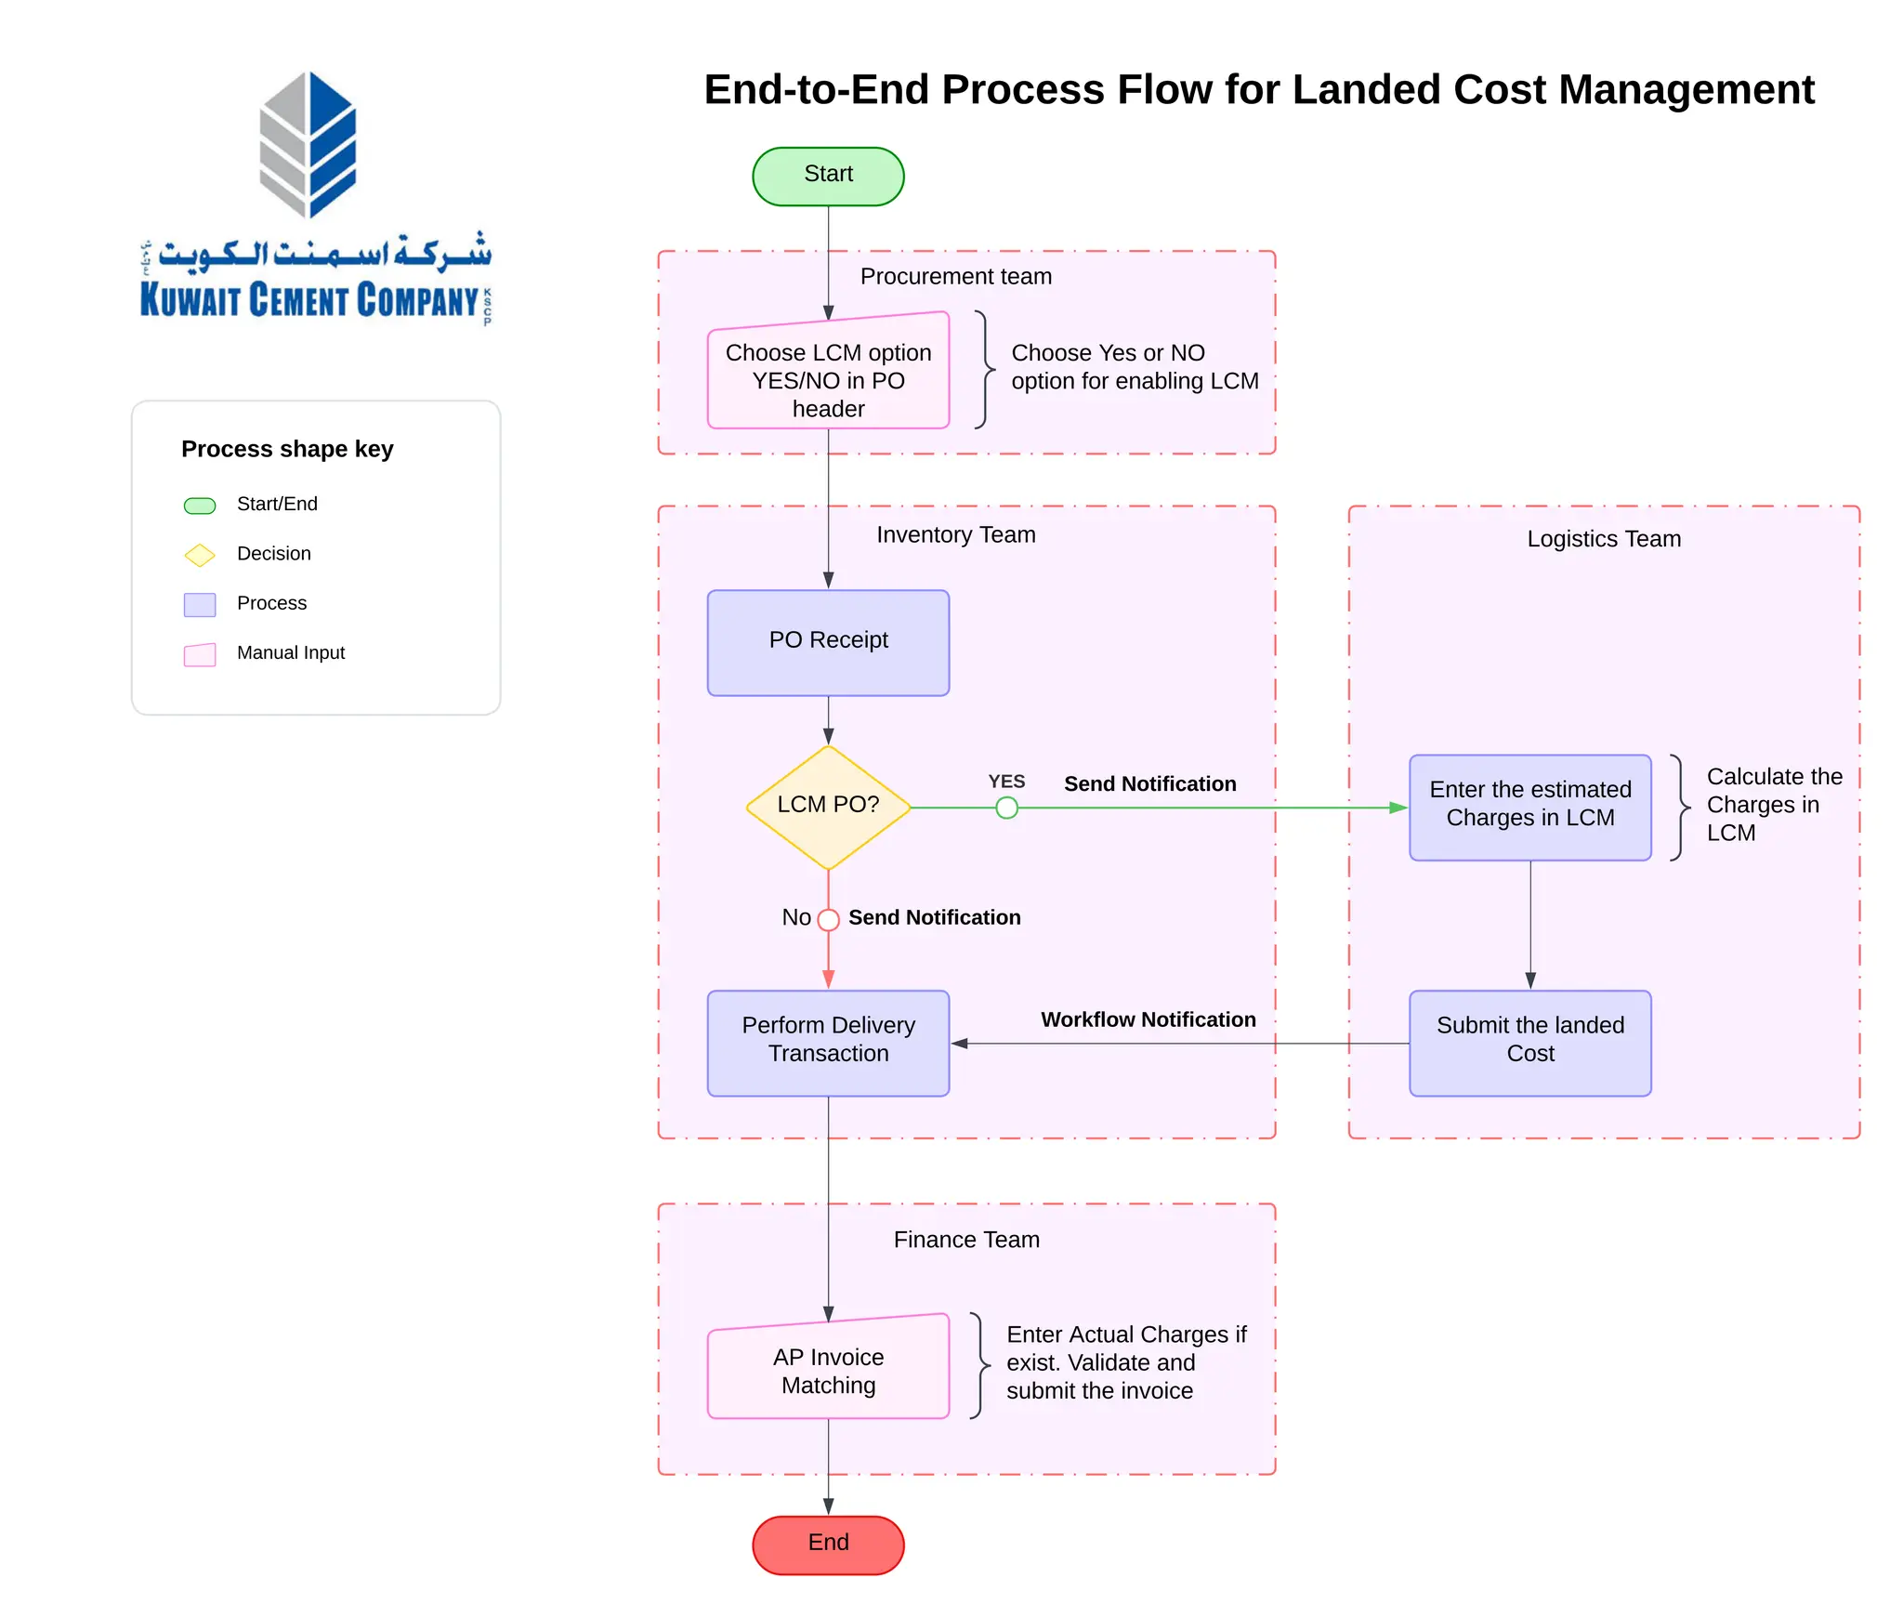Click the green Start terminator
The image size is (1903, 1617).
pyautogui.click(x=827, y=176)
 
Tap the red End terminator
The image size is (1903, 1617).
pyautogui.click(x=827, y=1544)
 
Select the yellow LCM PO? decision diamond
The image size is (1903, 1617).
pyautogui.click(x=827, y=807)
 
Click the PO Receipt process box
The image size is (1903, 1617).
pyautogui.click(x=827, y=642)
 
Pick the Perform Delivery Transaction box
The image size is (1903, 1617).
pyautogui.click(x=827, y=1042)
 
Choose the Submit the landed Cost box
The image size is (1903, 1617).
pyautogui.click(x=1529, y=1042)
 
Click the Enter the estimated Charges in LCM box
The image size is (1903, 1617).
pyautogui.click(x=1529, y=806)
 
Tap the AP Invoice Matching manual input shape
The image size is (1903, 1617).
pyautogui.click(x=827, y=1370)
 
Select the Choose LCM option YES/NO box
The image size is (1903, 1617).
pyautogui.click(x=827, y=375)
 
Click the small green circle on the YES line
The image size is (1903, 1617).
pyautogui.click(x=1006, y=808)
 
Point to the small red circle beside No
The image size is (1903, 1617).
pyautogui.click(x=828, y=919)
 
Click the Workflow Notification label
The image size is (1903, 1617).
pyautogui.click(x=1148, y=1019)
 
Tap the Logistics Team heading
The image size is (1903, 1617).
pyautogui.click(x=1604, y=539)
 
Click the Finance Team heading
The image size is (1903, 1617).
pyautogui.click(x=966, y=1240)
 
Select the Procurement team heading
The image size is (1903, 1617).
pyautogui.click(x=955, y=277)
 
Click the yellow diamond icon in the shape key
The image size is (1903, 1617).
pyautogui.click(x=200, y=555)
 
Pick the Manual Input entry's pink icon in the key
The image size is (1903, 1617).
pyautogui.click(x=200, y=654)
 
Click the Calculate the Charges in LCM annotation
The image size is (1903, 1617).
pyautogui.click(x=1772, y=805)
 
